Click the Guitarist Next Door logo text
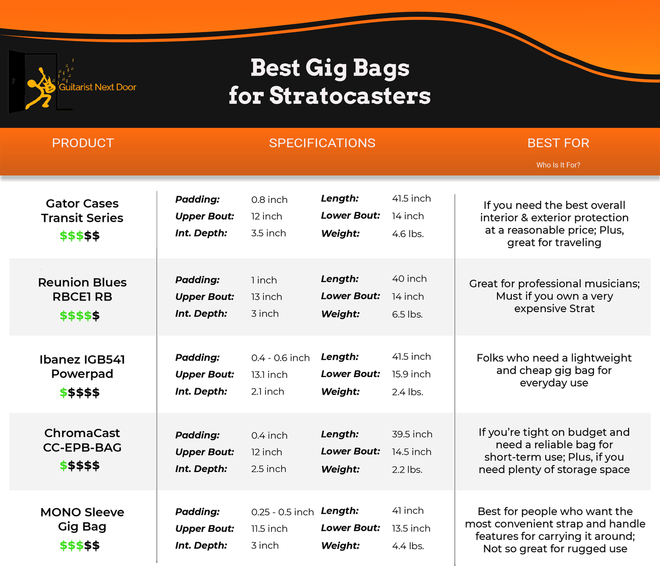[97, 87]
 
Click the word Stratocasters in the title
[350, 96]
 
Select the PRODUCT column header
[83, 143]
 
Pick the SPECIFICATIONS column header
[322, 143]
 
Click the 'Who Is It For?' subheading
[558, 165]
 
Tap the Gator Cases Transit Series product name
[82, 211]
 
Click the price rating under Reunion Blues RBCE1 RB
[80, 315]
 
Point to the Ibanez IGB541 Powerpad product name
[82, 366]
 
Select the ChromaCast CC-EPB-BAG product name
[82, 440]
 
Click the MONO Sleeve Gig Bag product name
[82, 519]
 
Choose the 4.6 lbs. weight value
[408, 234]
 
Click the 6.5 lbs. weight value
[407, 314]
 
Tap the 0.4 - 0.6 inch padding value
[280, 358]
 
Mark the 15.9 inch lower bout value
[411, 374]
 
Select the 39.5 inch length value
[412, 434]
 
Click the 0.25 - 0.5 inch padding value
[282, 512]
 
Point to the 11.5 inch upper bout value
[269, 528]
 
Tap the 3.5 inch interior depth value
[269, 233]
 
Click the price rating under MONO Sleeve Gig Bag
[80, 545]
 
